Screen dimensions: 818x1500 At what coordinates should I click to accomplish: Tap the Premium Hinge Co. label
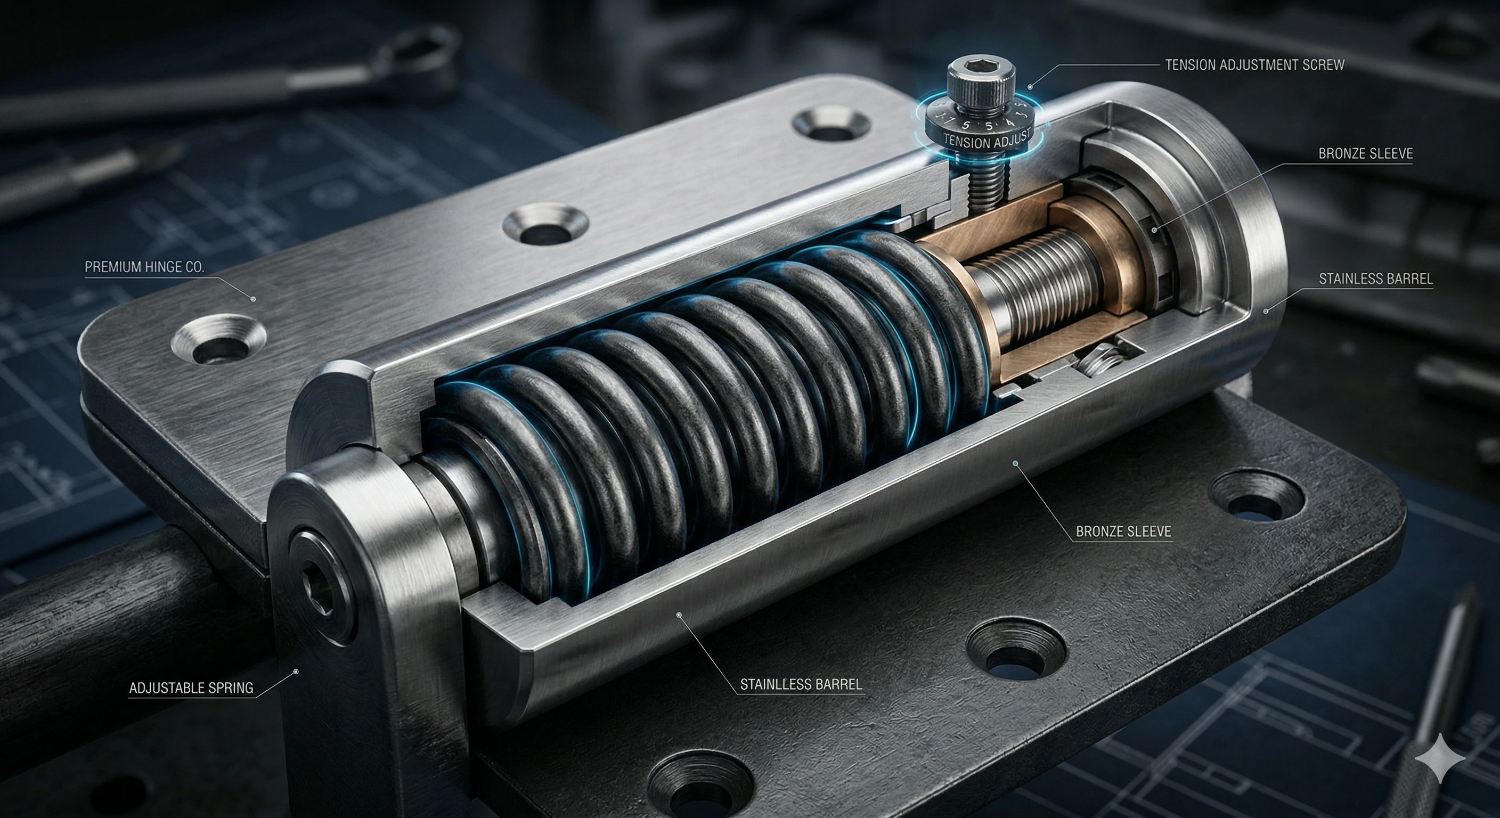pos(144,267)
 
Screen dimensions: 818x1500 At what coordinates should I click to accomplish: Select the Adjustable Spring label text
pos(191,688)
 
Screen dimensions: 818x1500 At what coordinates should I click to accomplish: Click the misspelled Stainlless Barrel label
pos(801,685)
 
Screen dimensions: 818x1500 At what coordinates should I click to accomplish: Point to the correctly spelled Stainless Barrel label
pos(1375,279)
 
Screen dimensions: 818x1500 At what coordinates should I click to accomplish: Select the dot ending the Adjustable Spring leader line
pos(296,672)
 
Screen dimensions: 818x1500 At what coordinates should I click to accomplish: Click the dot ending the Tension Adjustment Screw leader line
pos(1030,87)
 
